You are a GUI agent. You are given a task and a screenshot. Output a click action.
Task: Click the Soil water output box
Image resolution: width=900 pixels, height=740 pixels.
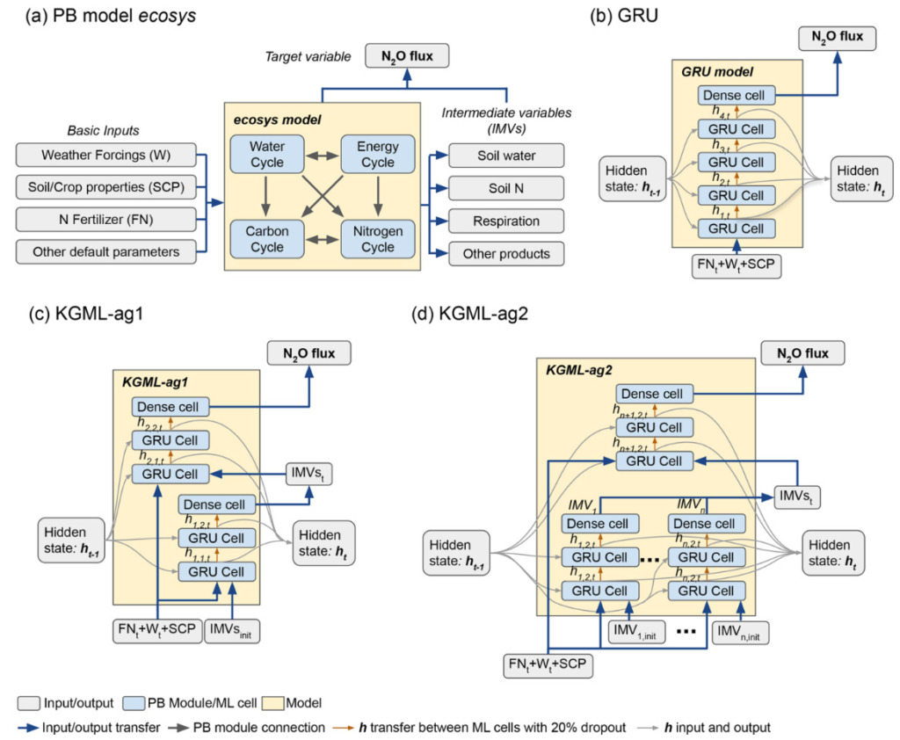[x=505, y=156]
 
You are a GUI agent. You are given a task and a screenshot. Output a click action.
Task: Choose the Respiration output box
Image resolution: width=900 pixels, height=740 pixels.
[x=505, y=221]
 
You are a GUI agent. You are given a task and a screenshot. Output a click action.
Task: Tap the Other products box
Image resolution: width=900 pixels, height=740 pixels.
[x=505, y=253]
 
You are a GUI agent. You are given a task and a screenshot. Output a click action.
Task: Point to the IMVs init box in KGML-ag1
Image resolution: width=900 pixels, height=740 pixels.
[x=232, y=630]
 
